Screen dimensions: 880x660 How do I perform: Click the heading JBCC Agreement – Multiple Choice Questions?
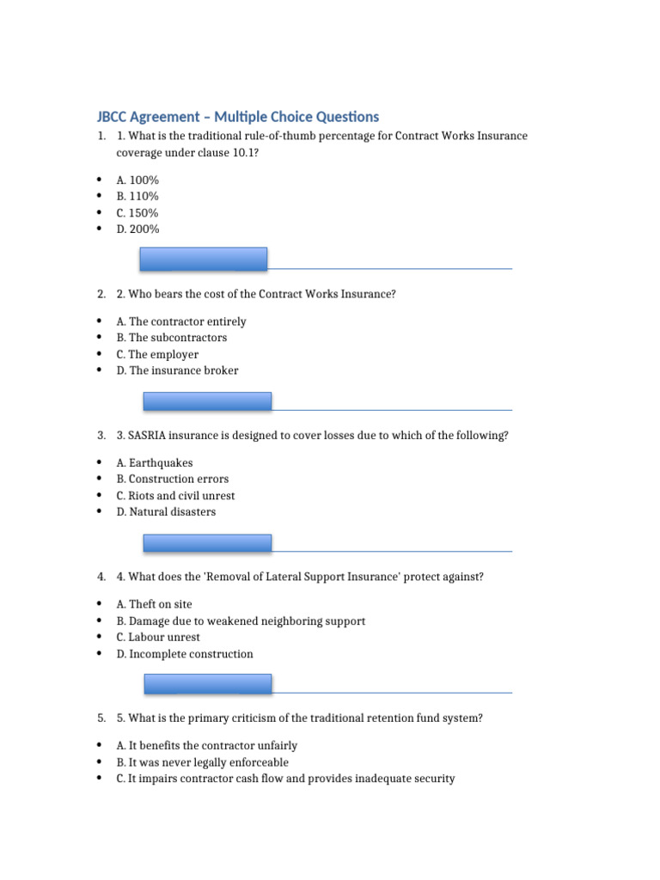237,117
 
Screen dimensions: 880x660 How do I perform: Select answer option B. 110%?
137,197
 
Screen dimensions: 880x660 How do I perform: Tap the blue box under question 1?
204,259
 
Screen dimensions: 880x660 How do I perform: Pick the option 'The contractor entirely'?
181,321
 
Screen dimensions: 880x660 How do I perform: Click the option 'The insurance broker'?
177,370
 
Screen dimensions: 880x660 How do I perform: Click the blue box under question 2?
207,400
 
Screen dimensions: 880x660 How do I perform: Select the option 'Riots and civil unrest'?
175,496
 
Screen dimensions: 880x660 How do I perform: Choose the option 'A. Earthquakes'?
155,463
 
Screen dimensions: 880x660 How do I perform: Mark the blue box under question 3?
207,542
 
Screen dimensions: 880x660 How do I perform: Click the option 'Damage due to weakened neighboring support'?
241,621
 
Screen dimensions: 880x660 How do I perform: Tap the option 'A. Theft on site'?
155,605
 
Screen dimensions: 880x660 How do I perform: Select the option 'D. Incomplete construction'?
185,654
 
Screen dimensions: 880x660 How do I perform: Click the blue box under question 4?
207,684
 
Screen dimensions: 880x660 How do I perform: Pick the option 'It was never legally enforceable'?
203,762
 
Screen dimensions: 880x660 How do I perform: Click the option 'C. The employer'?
157,354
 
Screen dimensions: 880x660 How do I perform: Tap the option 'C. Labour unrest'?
158,638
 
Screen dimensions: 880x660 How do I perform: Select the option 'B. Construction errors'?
173,480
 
